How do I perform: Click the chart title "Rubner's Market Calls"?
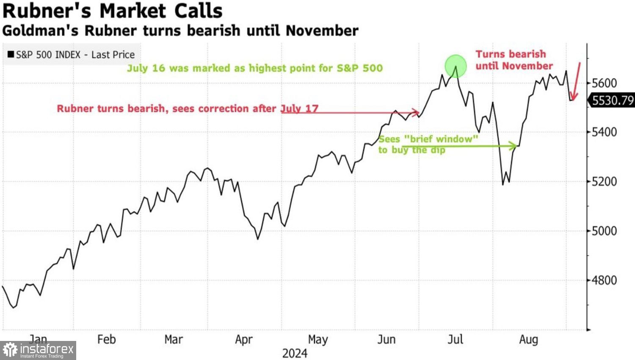click(x=113, y=11)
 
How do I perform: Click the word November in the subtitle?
click(x=322, y=30)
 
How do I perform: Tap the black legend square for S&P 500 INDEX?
click(x=11, y=54)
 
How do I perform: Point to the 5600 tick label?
click(x=604, y=83)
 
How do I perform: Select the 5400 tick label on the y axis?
click(x=604, y=132)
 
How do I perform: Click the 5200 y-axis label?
click(x=604, y=182)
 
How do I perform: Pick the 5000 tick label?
click(x=604, y=231)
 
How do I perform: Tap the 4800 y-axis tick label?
click(x=604, y=280)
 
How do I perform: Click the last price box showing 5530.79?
click(x=612, y=100)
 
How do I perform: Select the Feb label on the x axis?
click(x=106, y=339)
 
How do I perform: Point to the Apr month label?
click(x=244, y=339)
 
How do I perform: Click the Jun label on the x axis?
click(x=386, y=339)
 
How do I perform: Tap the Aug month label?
click(x=528, y=339)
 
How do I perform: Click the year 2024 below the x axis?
click(x=295, y=353)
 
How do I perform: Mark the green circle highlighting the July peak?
click(x=456, y=66)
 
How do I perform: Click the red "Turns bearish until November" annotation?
click(x=514, y=60)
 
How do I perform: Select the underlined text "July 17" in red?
click(x=299, y=108)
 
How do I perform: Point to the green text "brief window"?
click(x=441, y=139)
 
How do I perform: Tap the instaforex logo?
click(x=38, y=350)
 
